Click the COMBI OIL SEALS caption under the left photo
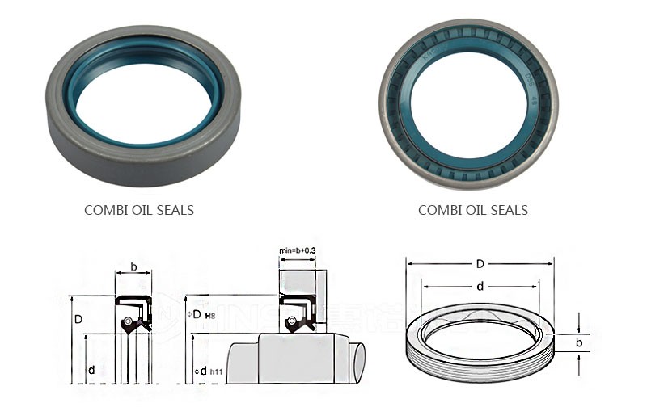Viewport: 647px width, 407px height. click(x=139, y=210)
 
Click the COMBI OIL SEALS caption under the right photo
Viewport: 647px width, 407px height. click(x=472, y=210)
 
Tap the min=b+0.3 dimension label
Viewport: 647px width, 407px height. click(x=298, y=252)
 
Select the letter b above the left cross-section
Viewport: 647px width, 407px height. click(x=133, y=266)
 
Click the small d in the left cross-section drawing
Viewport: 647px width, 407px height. click(x=91, y=369)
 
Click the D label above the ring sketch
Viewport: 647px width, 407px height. click(x=480, y=264)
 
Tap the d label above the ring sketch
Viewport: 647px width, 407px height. click(x=480, y=285)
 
